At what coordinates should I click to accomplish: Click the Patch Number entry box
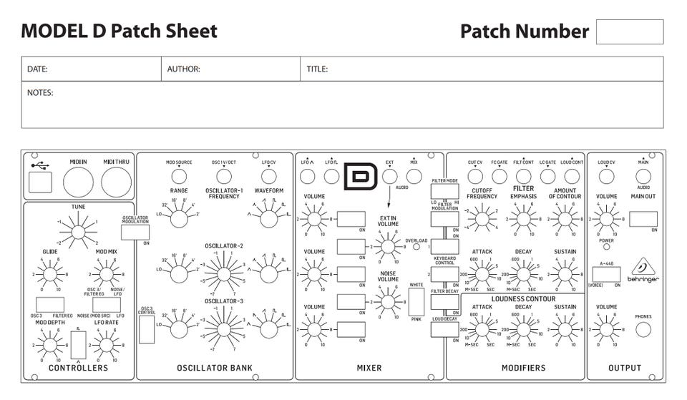tap(629, 31)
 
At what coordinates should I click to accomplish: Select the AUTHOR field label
tap(183, 69)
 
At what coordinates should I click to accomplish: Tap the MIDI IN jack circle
tap(78, 182)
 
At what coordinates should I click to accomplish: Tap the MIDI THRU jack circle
tap(115, 182)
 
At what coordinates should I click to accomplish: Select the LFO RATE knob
tap(106, 345)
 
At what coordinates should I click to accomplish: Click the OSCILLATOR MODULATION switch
tap(135, 231)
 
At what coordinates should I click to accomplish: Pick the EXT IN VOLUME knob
tap(388, 248)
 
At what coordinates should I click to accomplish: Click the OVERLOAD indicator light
tap(416, 248)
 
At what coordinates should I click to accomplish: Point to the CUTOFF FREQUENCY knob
tap(482, 217)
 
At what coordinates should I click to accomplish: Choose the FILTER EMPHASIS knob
tap(523, 217)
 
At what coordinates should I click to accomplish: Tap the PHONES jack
tap(643, 329)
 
